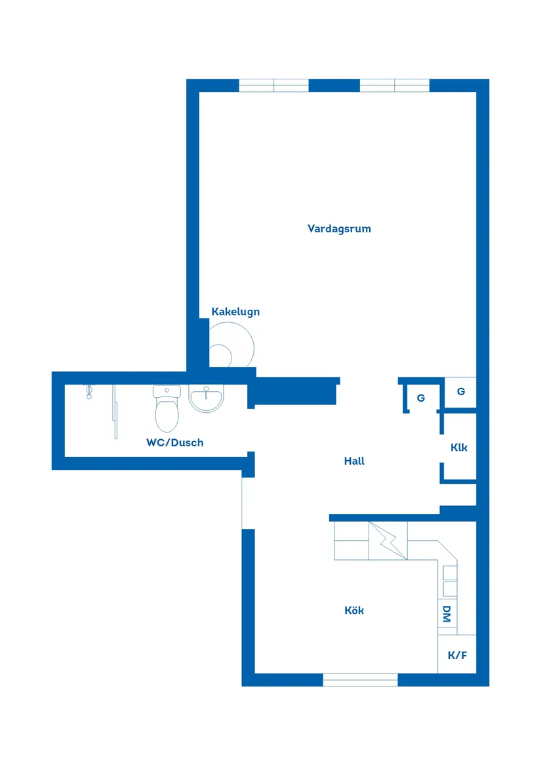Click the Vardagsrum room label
click(x=339, y=228)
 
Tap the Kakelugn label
click(x=235, y=312)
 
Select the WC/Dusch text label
click(x=175, y=442)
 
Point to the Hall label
click(x=355, y=461)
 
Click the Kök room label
click(x=355, y=610)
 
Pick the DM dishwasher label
click(x=447, y=614)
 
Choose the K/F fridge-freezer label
click(x=458, y=655)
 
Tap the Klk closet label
click(x=459, y=447)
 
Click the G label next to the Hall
click(x=421, y=398)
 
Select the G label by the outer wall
click(x=461, y=391)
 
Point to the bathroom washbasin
click(x=206, y=398)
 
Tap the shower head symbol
click(x=89, y=392)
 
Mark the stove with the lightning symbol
click(x=388, y=540)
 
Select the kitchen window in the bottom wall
click(x=361, y=679)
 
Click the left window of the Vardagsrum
click(x=274, y=85)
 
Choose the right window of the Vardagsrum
click(x=395, y=85)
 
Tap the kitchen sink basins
click(x=450, y=580)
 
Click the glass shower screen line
click(x=115, y=412)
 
